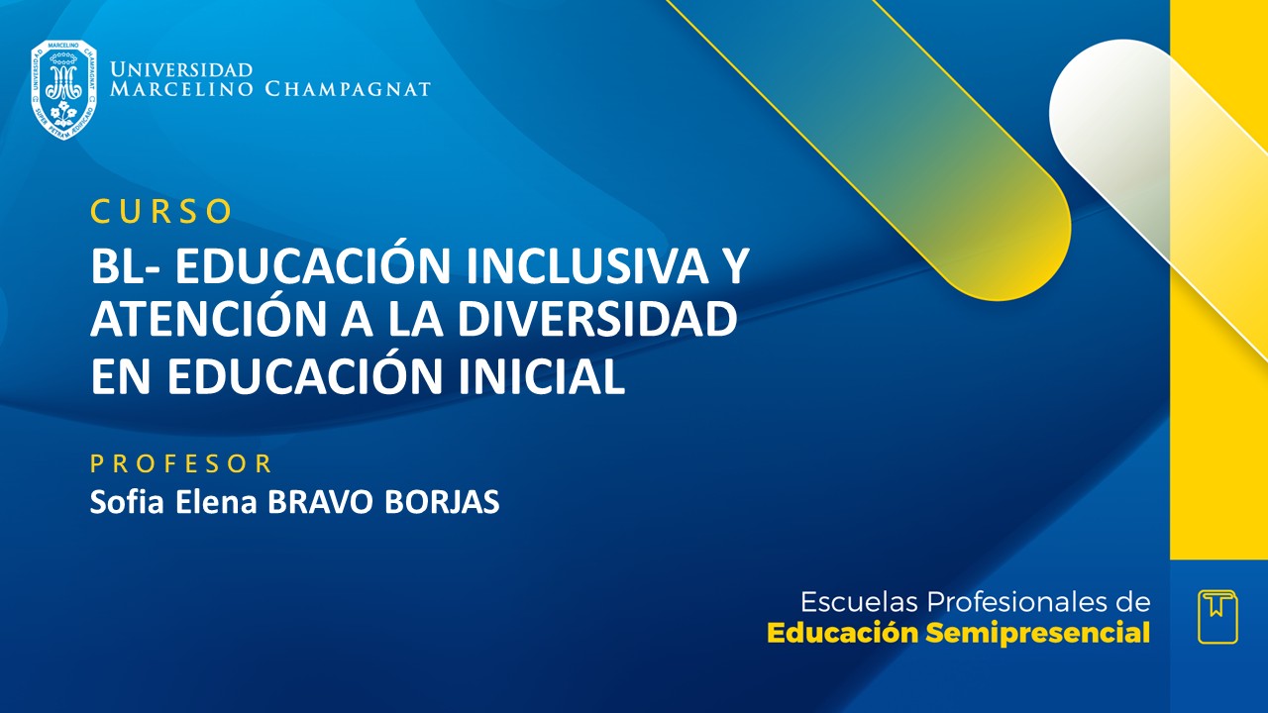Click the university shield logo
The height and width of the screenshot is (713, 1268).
[x=63, y=89]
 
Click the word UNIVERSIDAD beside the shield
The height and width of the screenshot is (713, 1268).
[x=181, y=70]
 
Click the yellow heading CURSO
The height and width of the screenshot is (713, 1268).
[x=161, y=211]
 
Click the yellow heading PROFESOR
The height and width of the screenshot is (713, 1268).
[x=181, y=463]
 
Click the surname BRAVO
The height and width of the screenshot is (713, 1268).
[x=311, y=502]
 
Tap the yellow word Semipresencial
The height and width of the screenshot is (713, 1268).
[x=1038, y=634]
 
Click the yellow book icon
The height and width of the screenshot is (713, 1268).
[x=1217, y=616]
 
